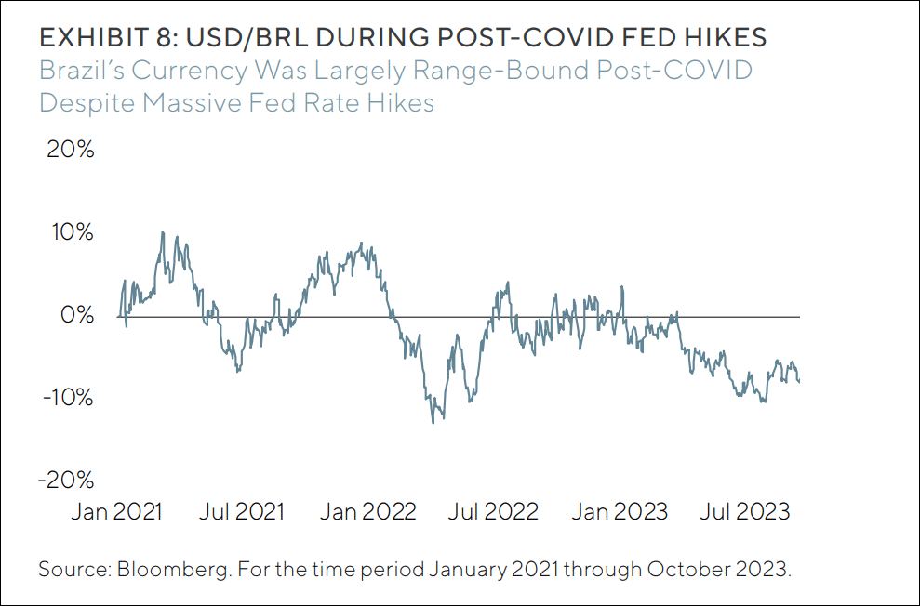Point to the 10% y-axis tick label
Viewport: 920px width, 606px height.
click(x=71, y=232)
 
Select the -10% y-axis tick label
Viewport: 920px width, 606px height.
click(x=67, y=398)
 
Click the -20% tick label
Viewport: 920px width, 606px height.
click(x=67, y=481)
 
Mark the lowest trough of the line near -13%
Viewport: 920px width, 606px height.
click(x=433, y=423)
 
